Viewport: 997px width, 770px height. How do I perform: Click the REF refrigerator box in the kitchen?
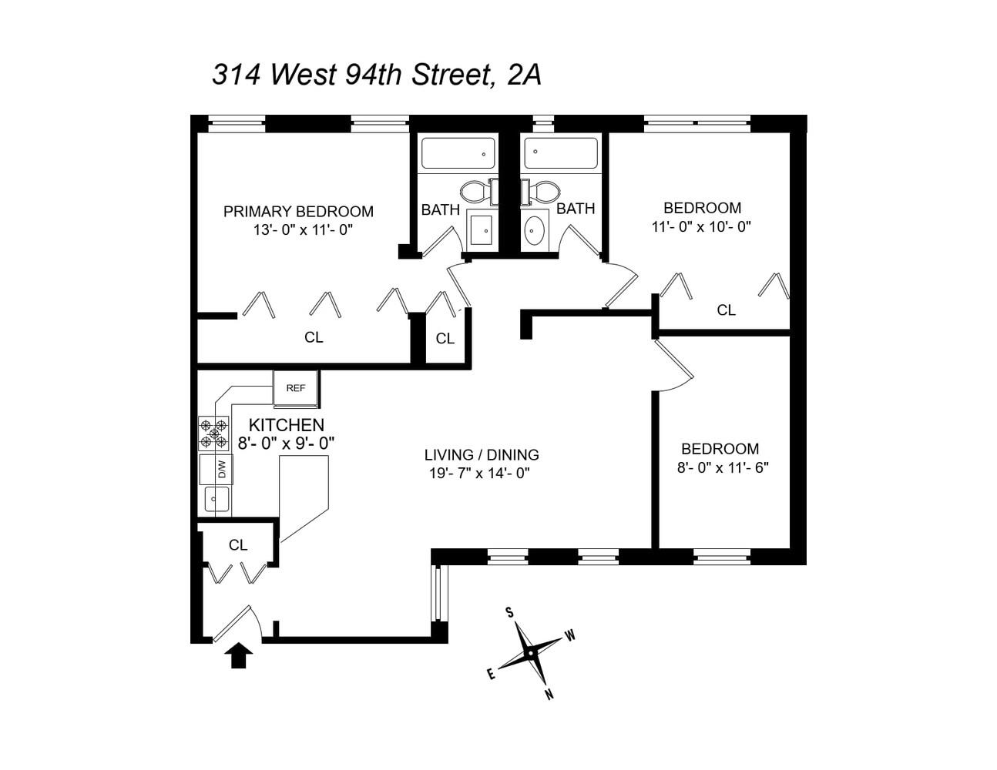coord(296,388)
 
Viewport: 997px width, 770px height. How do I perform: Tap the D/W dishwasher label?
coord(222,469)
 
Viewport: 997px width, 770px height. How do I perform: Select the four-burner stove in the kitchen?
coord(213,433)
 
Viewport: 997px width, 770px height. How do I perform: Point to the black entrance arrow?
coord(240,656)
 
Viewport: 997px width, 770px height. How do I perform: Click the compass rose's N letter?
coord(549,695)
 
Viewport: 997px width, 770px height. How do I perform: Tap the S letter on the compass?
coord(509,613)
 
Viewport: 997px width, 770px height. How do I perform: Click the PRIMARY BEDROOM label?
coord(298,211)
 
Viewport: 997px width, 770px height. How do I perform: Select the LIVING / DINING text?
coord(482,454)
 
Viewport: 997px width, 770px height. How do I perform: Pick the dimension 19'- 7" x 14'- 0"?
coord(480,474)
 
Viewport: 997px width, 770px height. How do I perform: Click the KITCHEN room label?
coord(286,425)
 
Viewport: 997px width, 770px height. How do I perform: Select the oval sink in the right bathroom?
coord(534,230)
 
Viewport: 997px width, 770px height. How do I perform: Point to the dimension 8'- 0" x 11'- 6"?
coord(723,467)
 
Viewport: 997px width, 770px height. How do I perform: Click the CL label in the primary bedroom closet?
coord(314,337)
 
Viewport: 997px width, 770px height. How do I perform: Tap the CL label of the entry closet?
coord(238,545)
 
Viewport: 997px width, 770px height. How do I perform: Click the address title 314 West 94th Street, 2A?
coord(377,75)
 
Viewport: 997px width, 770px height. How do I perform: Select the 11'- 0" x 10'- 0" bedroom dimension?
coord(701,226)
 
